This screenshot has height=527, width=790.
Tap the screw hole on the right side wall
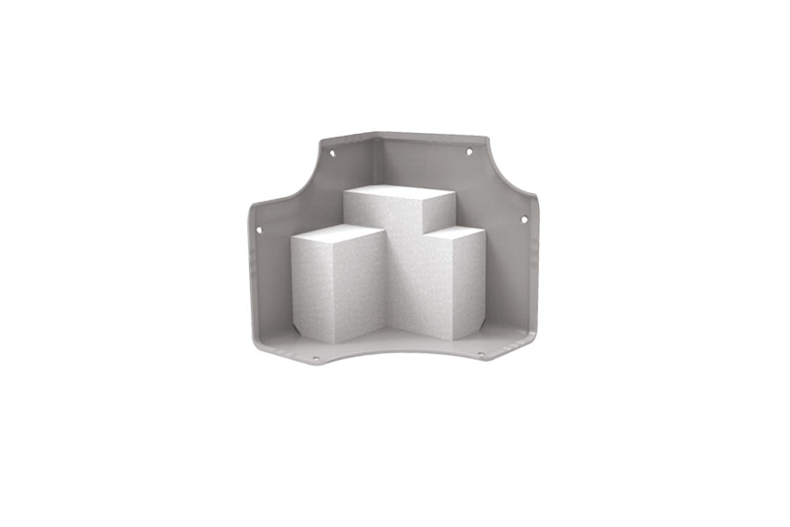524,219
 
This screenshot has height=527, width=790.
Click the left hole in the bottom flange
315,358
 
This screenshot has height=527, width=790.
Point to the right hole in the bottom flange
481,354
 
